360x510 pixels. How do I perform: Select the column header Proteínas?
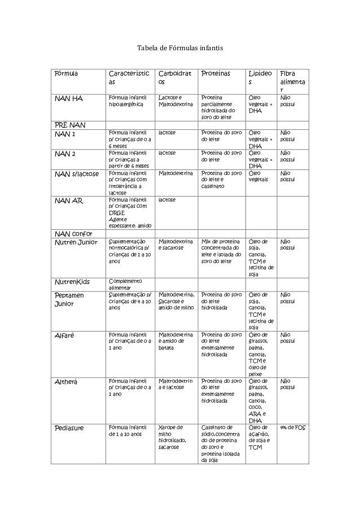[216, 73]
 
